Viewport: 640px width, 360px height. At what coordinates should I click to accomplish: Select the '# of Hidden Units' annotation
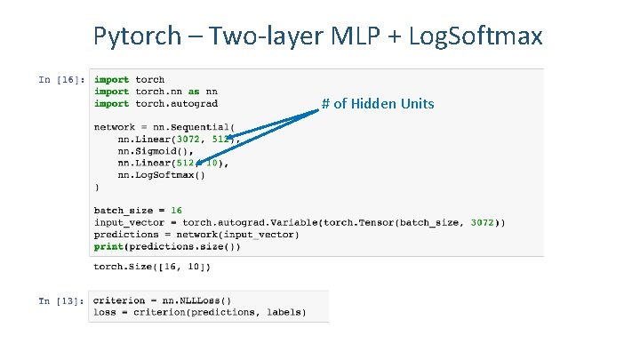(378, 104)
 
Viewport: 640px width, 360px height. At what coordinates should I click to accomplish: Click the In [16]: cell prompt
(61, 79)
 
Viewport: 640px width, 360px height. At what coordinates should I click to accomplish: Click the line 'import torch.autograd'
(156, 104)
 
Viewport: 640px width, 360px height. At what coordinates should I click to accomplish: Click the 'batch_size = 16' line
(138, 211)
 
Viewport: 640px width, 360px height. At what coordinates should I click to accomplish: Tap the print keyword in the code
(108, 246)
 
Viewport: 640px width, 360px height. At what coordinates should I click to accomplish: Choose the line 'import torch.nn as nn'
(156, 92)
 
